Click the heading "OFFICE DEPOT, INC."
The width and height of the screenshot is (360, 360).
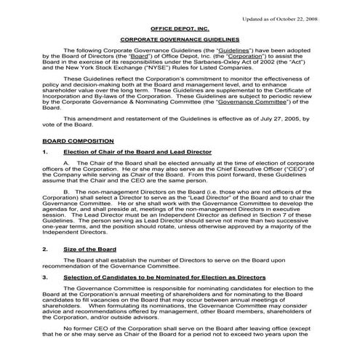179,27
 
